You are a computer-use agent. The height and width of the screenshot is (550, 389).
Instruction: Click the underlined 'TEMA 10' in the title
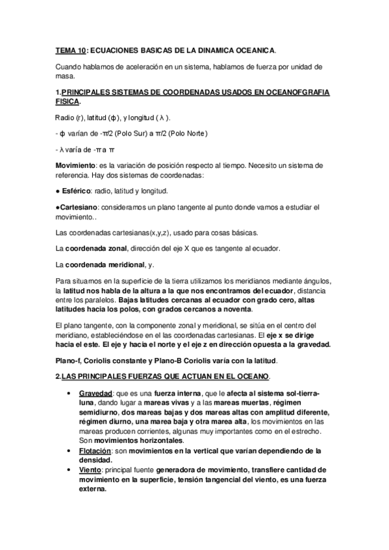[69, 49]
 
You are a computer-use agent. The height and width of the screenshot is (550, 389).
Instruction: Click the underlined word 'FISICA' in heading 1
[67, 102]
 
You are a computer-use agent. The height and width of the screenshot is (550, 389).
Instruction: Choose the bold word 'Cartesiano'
[78, 207]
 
